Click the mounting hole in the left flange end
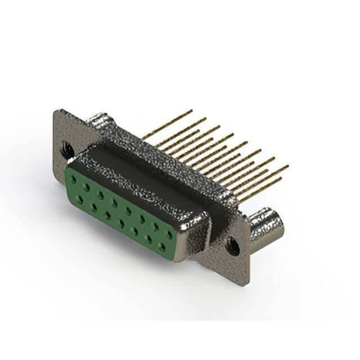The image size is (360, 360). click(67, 150)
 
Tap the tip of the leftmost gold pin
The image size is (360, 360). click(192, 111)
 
